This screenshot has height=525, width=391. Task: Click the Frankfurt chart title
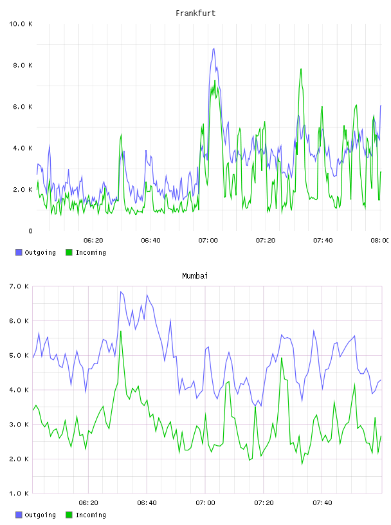[195, 13]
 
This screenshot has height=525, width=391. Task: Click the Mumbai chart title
[195, 275]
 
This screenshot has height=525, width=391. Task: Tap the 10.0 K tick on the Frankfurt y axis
[21, 24]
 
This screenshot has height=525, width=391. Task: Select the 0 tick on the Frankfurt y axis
[30, 231]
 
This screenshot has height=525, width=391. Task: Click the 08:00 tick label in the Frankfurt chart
[380, 240]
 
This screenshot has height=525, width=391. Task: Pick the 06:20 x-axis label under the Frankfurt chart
[93, 240]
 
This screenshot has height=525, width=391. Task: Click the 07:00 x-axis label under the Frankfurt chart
[208, 240]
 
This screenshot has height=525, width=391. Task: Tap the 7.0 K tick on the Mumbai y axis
[19, 286]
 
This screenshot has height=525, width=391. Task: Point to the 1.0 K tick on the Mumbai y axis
[19, 493]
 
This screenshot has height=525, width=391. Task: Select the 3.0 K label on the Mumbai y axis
[19, 424]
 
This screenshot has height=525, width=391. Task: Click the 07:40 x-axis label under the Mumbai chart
[322, 502]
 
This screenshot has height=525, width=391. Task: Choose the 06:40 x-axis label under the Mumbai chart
[147, 502]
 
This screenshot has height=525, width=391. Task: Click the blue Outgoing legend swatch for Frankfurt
[19, 252]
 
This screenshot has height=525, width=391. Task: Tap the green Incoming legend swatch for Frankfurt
[69, 252]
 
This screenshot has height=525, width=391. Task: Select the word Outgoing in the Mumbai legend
[40, 515]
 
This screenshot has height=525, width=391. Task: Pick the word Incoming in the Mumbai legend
[91, 515]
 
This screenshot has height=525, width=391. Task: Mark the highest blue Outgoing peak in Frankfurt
[214, 48]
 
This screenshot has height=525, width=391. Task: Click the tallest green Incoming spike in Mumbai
[121, 331]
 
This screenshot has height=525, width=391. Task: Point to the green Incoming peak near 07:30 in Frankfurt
[301, 69]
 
